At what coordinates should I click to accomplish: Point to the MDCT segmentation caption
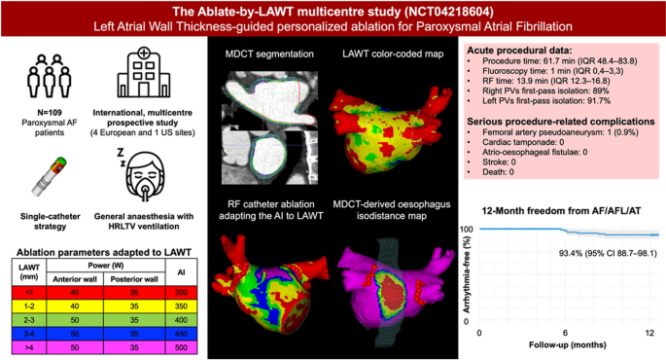pos(265,51)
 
